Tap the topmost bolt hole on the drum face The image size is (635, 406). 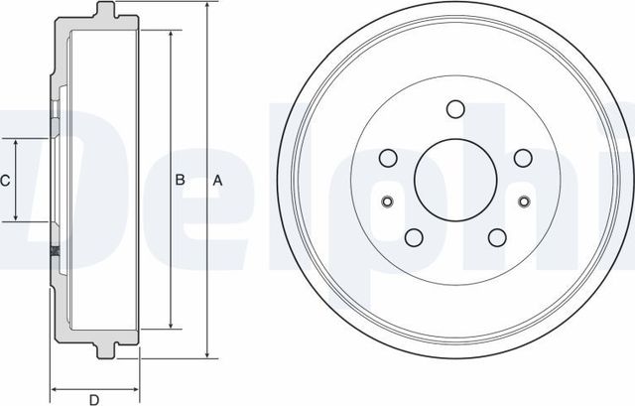(x=455, y=109)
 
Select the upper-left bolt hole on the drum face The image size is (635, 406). (x=388, y=158)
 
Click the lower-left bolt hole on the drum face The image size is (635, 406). (x=414, y=237)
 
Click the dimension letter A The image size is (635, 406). (x=218, y=181)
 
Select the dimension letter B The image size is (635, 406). (x=180, y=181)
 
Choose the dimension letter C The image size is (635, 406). (x=6, y=181)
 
